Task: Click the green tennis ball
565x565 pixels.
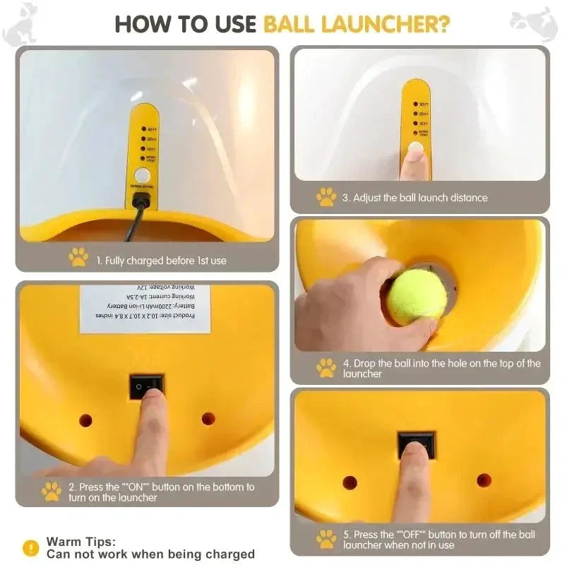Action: click(417, 296)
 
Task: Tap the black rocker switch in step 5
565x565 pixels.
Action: click(416, 443)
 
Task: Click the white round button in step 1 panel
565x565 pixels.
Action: click(143, 175)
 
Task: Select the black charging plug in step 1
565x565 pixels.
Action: click(142, 201)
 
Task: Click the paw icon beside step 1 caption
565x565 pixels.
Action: click(78, 258)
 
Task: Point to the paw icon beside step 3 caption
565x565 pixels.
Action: click(326, 197)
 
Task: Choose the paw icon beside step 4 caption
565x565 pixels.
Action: click(326, 368)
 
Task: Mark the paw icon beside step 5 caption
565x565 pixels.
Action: click(326, 540)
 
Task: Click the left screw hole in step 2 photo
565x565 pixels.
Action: click(85, 420)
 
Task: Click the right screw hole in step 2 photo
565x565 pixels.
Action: click(208, 419)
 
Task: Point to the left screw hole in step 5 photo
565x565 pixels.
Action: click(350, 482)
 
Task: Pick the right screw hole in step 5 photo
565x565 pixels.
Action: click(484, 480)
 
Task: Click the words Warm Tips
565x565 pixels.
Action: click(81, 542)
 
